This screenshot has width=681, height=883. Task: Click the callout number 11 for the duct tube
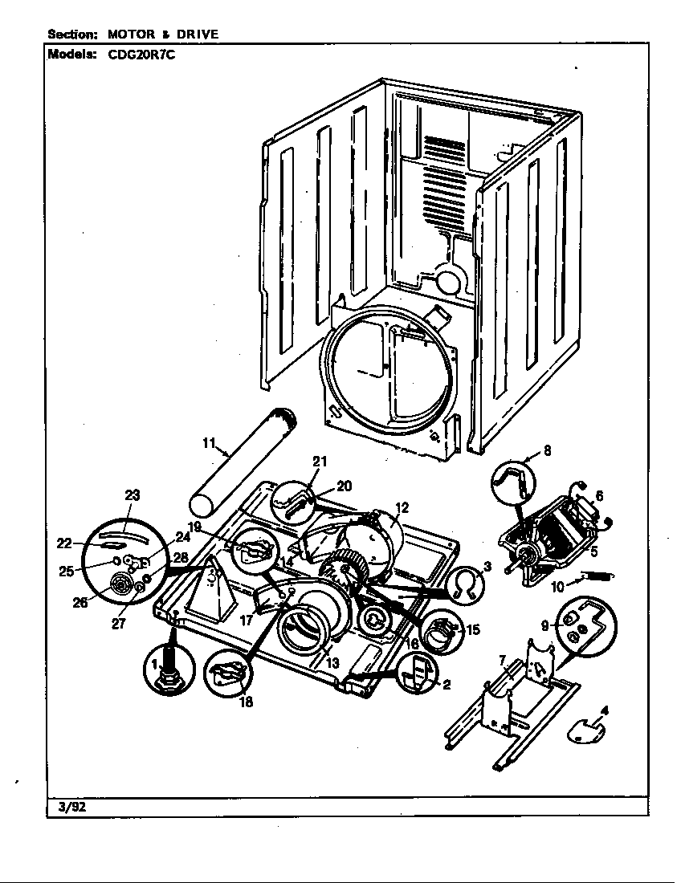pos(209,442)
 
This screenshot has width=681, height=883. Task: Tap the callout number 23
pos(133,495)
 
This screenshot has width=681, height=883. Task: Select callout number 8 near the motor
pos(547,451)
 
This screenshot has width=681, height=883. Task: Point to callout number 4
pos(605,710)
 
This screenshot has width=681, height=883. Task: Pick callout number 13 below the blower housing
pos(332,663)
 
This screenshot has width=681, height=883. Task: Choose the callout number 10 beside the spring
pos(557,586)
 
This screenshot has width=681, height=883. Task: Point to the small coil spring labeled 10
pos(595,576)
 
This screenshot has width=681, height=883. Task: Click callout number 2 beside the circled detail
pos(447,685)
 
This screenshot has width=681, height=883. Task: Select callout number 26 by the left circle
pos(80,602)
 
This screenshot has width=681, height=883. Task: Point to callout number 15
pos(473,629)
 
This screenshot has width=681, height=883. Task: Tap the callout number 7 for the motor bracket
pos(503,660)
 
